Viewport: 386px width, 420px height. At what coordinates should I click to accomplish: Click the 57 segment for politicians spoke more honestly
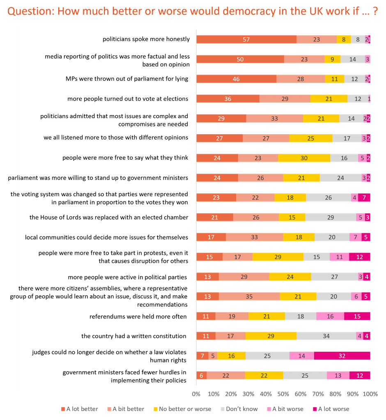[x=246, y=39]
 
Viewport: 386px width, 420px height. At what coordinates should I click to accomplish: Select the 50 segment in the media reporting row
[x=240, y=59]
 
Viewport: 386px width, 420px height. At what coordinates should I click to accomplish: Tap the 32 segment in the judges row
[x=342, y=356]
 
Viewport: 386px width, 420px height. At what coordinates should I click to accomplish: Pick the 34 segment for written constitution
[x=326, y=336]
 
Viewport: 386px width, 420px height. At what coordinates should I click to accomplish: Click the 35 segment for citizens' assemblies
[x=249, y=296]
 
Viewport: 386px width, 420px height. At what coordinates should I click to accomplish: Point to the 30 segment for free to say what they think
[x=304, y=158]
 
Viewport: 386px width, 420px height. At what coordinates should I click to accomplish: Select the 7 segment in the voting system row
[x=364, y=197]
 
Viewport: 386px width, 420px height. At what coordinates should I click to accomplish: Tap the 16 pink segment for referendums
[x=330, y=316]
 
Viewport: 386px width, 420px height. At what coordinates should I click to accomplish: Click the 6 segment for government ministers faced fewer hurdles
[x=201, y=375]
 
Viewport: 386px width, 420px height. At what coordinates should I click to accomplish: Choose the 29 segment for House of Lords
[x=331, y=217]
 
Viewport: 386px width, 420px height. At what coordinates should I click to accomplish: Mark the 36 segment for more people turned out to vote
[x=227, y=99]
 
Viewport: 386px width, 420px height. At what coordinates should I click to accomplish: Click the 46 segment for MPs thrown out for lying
[x=236, y=79]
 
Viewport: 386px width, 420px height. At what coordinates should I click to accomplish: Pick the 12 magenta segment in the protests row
[x=360, y=257]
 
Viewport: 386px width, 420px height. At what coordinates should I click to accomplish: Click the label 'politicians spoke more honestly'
[x=146, y=39]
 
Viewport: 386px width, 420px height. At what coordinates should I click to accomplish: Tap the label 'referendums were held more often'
[x=138, y=316]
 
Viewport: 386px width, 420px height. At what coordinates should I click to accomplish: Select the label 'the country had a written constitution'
[x=133, y=336]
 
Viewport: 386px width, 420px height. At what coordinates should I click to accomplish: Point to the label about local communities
[x=106, y=237]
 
